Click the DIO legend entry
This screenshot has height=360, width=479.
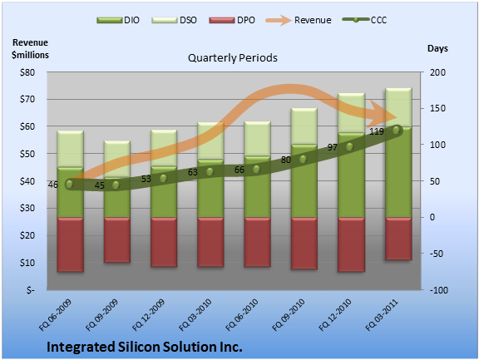[118, 20]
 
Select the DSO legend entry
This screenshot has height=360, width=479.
[174, 20]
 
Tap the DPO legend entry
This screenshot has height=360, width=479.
[232, 20]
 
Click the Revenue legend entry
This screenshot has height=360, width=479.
[299, 20]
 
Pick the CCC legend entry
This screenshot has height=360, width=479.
[364, 20]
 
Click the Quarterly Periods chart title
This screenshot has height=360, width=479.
[233, 57]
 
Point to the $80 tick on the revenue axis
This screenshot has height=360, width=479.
[27, 72]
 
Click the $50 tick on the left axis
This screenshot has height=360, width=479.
[27, 154]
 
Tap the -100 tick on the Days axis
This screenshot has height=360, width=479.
[439, 290]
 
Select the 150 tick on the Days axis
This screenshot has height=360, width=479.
[437, 108]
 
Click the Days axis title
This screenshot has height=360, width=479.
[437, 48]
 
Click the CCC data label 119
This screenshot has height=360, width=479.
[377, 131]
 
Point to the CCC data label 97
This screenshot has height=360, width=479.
[333, 147]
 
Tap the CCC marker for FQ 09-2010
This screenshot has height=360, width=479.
[303, 159]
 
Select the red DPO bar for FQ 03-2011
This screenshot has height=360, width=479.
[398, 239]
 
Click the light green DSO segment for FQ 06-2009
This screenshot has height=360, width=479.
[70, 149]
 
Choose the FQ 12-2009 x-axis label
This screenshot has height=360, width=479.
[149, 315]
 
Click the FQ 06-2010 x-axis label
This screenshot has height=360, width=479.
[242, 315]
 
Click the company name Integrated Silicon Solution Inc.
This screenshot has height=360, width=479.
[145, 347]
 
